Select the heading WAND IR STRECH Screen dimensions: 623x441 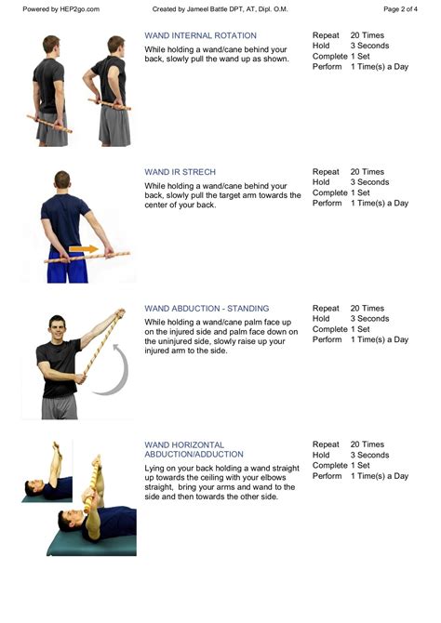click(x=180, y=172)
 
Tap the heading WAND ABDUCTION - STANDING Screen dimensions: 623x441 click(x=207, y=309)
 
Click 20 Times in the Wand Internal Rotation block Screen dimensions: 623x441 click(x=367, y=34)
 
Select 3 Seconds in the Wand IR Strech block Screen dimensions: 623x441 click(x=370, y=182)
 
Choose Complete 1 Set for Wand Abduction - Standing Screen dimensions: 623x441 click(x=342, y=329)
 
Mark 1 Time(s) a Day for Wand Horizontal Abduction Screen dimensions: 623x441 click(x=380, y=476)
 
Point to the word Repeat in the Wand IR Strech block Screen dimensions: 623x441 click(x=326, y=172)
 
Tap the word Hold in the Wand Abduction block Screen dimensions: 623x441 click(x=322, y=319)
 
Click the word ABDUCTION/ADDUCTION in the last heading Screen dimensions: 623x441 click(x=194, y=455)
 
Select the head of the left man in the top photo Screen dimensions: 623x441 click(x=50, y=46)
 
